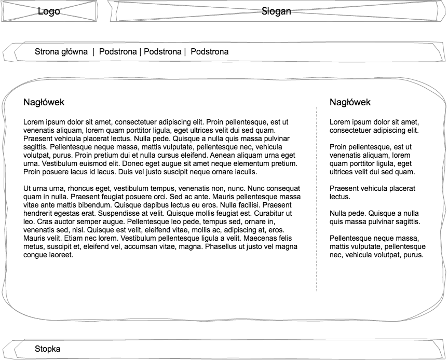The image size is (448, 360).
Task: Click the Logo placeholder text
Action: pos(49,11)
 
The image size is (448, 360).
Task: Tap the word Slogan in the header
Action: pos(276,11)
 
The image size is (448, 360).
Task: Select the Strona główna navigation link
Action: pos(61,52)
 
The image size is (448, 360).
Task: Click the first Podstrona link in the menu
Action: pos(118,52)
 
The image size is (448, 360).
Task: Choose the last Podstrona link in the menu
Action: pos(210,52)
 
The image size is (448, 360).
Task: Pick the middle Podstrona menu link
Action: pos(162,52)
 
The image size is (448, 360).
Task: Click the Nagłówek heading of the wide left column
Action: pos(44,102)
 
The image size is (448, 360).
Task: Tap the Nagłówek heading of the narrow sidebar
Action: pos(350,102)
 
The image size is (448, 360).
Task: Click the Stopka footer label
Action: pos(47,349)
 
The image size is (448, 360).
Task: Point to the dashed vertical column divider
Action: pos(317,197)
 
